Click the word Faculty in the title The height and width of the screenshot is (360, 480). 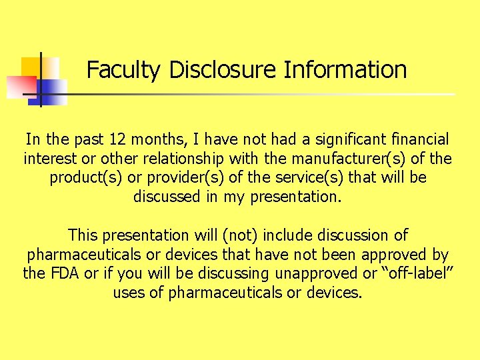pos(124,70)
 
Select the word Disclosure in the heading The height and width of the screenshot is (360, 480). pos(223,70)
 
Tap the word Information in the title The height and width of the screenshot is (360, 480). pos(345,70)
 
